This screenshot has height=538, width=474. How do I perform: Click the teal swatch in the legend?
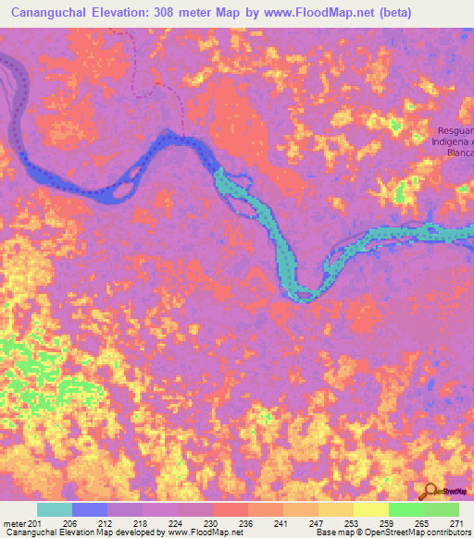[x=54, y=509]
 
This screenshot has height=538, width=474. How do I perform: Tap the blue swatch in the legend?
[x=89, y=509]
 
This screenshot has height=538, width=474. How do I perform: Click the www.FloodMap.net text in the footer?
[x=198, y=532]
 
